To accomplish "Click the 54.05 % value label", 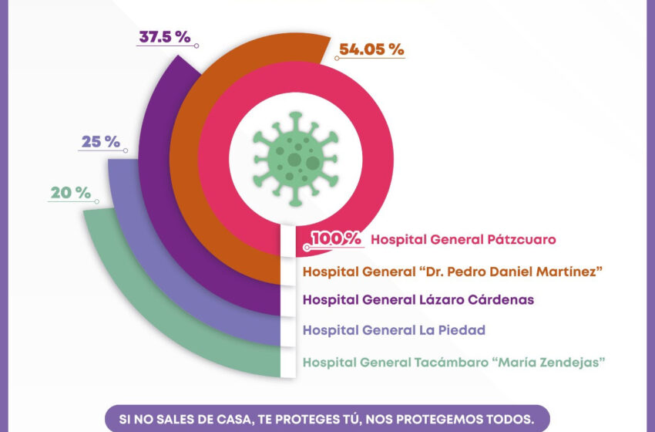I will [x=371, y=49].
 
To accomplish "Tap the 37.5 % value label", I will [x=165, y=37].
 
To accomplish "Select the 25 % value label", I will [x=101, y=142].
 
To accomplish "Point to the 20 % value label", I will [x=71, y=193].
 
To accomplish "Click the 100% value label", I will [x=336, y=239].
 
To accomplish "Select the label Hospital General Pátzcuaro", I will [x=463, y=240].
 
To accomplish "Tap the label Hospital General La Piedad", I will [x=394, y=330].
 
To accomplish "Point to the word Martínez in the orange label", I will [x=569, y=271].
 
